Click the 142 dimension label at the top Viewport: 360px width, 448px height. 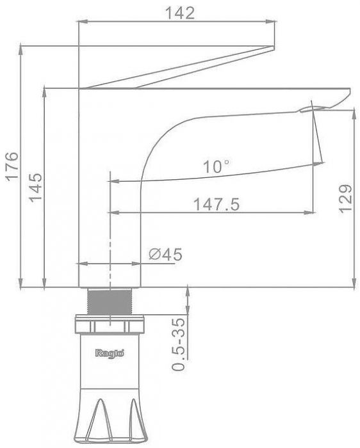[180, 13]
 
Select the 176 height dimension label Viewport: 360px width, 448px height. [12, 166]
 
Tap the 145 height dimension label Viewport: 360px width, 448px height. [36, 188]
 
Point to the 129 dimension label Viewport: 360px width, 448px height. [345, 198]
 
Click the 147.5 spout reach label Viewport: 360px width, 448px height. [217, 205]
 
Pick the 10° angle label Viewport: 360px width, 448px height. [216, 166]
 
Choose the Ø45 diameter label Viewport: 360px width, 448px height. [165, 254]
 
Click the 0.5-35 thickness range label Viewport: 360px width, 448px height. [179, 344]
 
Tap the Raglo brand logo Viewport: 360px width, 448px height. [110, 353]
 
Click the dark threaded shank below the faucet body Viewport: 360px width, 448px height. [110, 301]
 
